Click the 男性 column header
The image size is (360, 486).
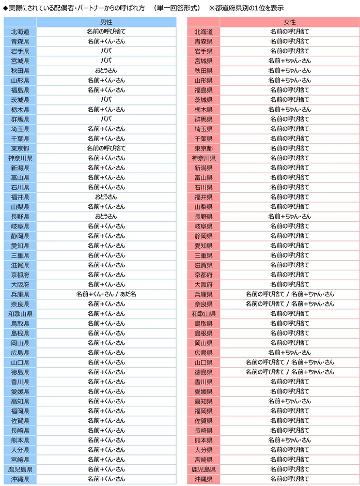[106, 22]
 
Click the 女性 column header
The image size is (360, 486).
[289, 22]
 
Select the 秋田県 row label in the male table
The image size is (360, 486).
[20, 70]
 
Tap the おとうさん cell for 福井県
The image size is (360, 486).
[106, 197]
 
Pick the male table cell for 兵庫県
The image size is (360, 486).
[106, 294]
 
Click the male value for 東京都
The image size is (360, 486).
[106, 148]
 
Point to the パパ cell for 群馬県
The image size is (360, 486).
[106, 119]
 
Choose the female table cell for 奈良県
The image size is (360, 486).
[289, 304]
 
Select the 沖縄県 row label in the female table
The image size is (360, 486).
[204, 479]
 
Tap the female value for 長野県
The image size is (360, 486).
[289, 217]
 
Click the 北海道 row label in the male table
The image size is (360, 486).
[20, 32]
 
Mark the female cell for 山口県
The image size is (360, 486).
[289, 362]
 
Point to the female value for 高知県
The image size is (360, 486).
[289, 401]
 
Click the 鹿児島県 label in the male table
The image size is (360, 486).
[20, 469]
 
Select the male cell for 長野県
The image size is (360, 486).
[106, 217]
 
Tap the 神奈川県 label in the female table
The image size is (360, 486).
[204, 158]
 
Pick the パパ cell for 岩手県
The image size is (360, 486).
[106, 51]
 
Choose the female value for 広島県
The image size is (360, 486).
[289, 353]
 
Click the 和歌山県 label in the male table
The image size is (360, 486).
[20, 314]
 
